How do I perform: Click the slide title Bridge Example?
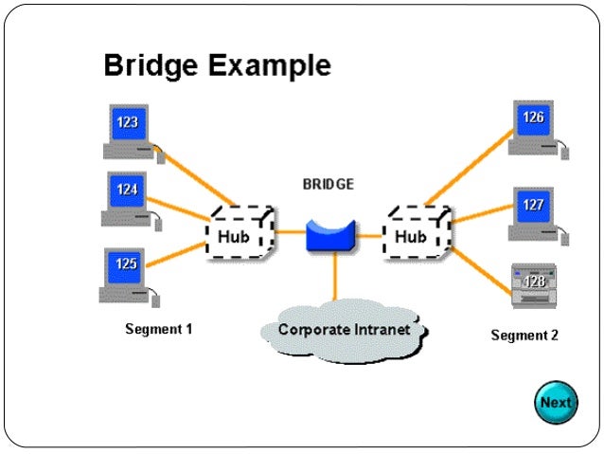(217, 66)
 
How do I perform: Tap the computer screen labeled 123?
(127, 122)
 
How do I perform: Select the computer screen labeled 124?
(127, 190)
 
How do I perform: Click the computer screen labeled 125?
(125, 264)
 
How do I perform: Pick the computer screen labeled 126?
(533, 118)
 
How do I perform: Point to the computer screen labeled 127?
(532, 204)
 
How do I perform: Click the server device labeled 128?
(535, 283)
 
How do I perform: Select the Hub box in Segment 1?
(237, 234)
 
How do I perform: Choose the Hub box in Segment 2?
(415, 235)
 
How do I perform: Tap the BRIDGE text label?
(328, 185)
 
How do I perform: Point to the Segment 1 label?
(158, 330)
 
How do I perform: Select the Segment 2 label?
(524, 336)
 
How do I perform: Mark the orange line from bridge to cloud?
(334, 279)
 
